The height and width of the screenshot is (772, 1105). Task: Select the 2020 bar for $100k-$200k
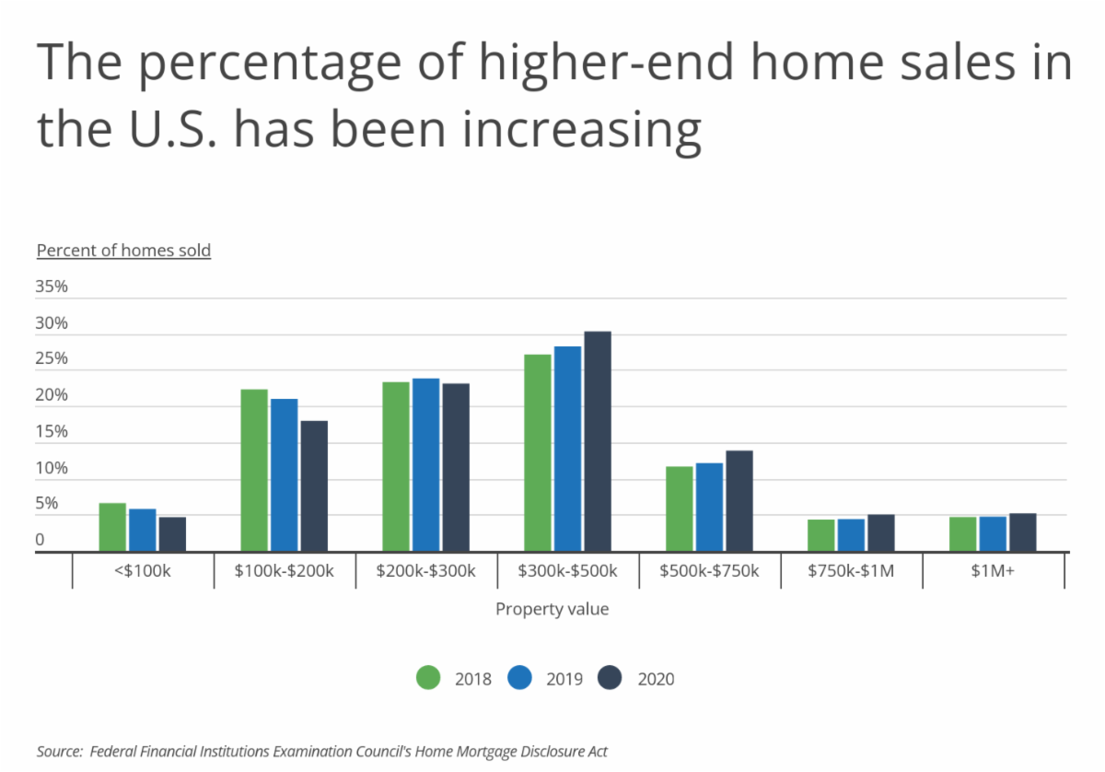pyautogui.click(x=313, y=485)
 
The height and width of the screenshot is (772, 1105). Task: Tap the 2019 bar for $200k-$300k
pyautogui.click(x=425, y=464)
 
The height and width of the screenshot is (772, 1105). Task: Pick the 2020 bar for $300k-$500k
pyautogui.click(x=597, y=441)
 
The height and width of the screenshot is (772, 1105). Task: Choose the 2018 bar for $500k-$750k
pyautogui.click(x=680, y=509)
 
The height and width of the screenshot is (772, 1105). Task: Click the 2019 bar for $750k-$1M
pyautogui.click(x=851, y=535)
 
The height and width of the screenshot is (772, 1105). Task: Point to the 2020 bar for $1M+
pyautogui.click(x=1022, y=532)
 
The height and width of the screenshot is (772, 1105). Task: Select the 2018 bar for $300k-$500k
pyautogui.click(x=538, y=452)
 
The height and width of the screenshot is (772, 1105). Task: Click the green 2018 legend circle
pyautogui.click(x=429, y=678)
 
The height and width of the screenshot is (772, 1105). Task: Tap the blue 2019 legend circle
pyautogui.click(x=520, y=678)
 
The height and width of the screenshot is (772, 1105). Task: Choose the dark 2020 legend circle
pyautogui.click(x=611, y=678)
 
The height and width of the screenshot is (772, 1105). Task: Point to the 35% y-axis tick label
pyautogui.click(x=52, y=287)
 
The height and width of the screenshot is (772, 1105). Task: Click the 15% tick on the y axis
pyautogui.click(x=52, y=432)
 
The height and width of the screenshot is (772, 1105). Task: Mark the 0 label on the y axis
pyautogui.click(x=41, y=541)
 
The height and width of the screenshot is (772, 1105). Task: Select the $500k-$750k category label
pyautogui.click(x=709, y=571)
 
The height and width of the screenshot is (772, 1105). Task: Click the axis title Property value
pyautogui.click(x=552, y=609)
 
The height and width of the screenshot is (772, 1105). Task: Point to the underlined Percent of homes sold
pyautogui.click(x=123, y=251)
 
